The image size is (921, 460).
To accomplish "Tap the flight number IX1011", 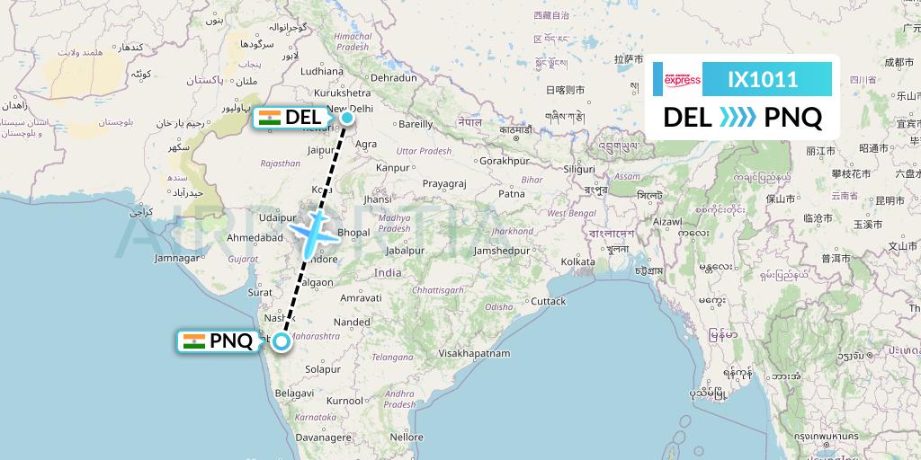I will pyautogui.click(x=763, y=80).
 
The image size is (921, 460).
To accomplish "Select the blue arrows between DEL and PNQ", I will pyautogui.click(x=738, y=117).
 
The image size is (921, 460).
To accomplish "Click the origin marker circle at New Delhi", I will pyautogui.click(x=347, y=116).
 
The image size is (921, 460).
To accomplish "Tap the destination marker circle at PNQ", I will pyautogui.click(x=282, y=341).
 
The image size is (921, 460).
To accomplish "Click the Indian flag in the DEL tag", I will pyautogui.click(x=269, y=117).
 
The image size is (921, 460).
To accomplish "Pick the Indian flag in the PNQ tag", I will pyautogui.click(x=193, y=341).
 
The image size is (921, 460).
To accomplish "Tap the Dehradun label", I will pyautogui.click(x=394, y=78).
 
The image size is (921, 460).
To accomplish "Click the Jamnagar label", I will pyautogui.click(x=175, y=258).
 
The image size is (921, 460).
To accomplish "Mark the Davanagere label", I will pyautogui.click(x=322, y=437).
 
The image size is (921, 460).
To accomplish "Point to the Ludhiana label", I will pyautogui.click(x=323, y=70).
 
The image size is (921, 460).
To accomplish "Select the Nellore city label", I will pyautogui.click(x=407, y=437).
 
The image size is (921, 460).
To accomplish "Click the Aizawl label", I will pyautogui.click(x=668, y=220).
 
